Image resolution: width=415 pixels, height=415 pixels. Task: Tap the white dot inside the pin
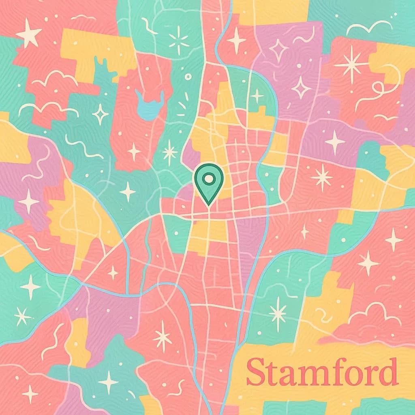point(208,178)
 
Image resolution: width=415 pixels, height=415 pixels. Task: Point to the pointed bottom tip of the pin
point(208,203)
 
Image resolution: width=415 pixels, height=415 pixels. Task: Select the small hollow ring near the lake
point(188,77)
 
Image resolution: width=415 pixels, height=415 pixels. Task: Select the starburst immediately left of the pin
point(170,152)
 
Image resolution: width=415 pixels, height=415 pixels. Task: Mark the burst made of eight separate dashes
point(179,40)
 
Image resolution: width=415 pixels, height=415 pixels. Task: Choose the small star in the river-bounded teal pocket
point(257,96)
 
